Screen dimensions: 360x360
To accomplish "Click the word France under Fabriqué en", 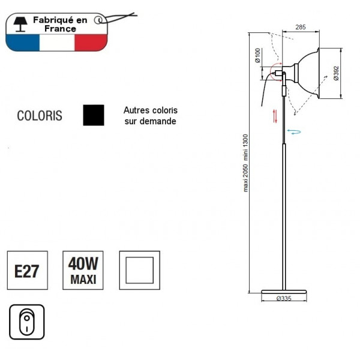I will pyautogui.click(x=60, y=28).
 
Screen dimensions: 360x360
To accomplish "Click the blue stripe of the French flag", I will pyautogui.click(x=21, y=43).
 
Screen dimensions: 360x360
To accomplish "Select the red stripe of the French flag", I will pyautogui.click(x=90, y=43).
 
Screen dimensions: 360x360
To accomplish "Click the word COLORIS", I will pyautogui.click(x=40, y=116).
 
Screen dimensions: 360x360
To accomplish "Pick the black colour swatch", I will pyautogui.click(x=94, y=115).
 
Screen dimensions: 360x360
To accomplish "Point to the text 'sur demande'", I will pyautogui.click(x=150, y=121).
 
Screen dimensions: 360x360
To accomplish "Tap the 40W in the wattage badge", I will pyautogui.click(x=83, y=263).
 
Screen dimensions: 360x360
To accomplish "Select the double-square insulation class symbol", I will pyautogui.click(x=139, y=270).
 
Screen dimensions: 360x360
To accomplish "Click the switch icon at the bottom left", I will pyautogui.click(x=27, y=322).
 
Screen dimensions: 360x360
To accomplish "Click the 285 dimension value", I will pyautogui.click(x=301, y=27).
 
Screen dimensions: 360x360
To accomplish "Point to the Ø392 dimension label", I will pyautogui.click(x=336, y=73).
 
